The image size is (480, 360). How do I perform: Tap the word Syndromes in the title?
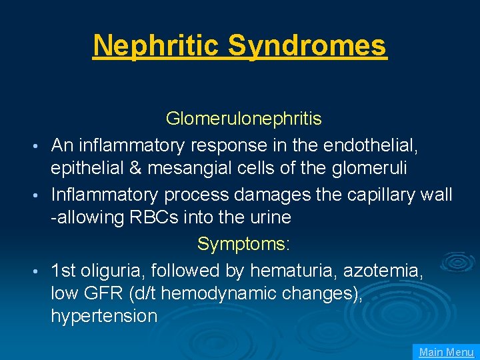(x=307, y=45)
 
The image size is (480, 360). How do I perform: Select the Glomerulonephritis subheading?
(x=243, y=119)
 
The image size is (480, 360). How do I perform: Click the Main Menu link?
(x=446, y=352)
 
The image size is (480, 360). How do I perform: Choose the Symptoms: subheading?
(x=243, y=245)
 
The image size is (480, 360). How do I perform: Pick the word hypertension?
(x=104, y=316)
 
